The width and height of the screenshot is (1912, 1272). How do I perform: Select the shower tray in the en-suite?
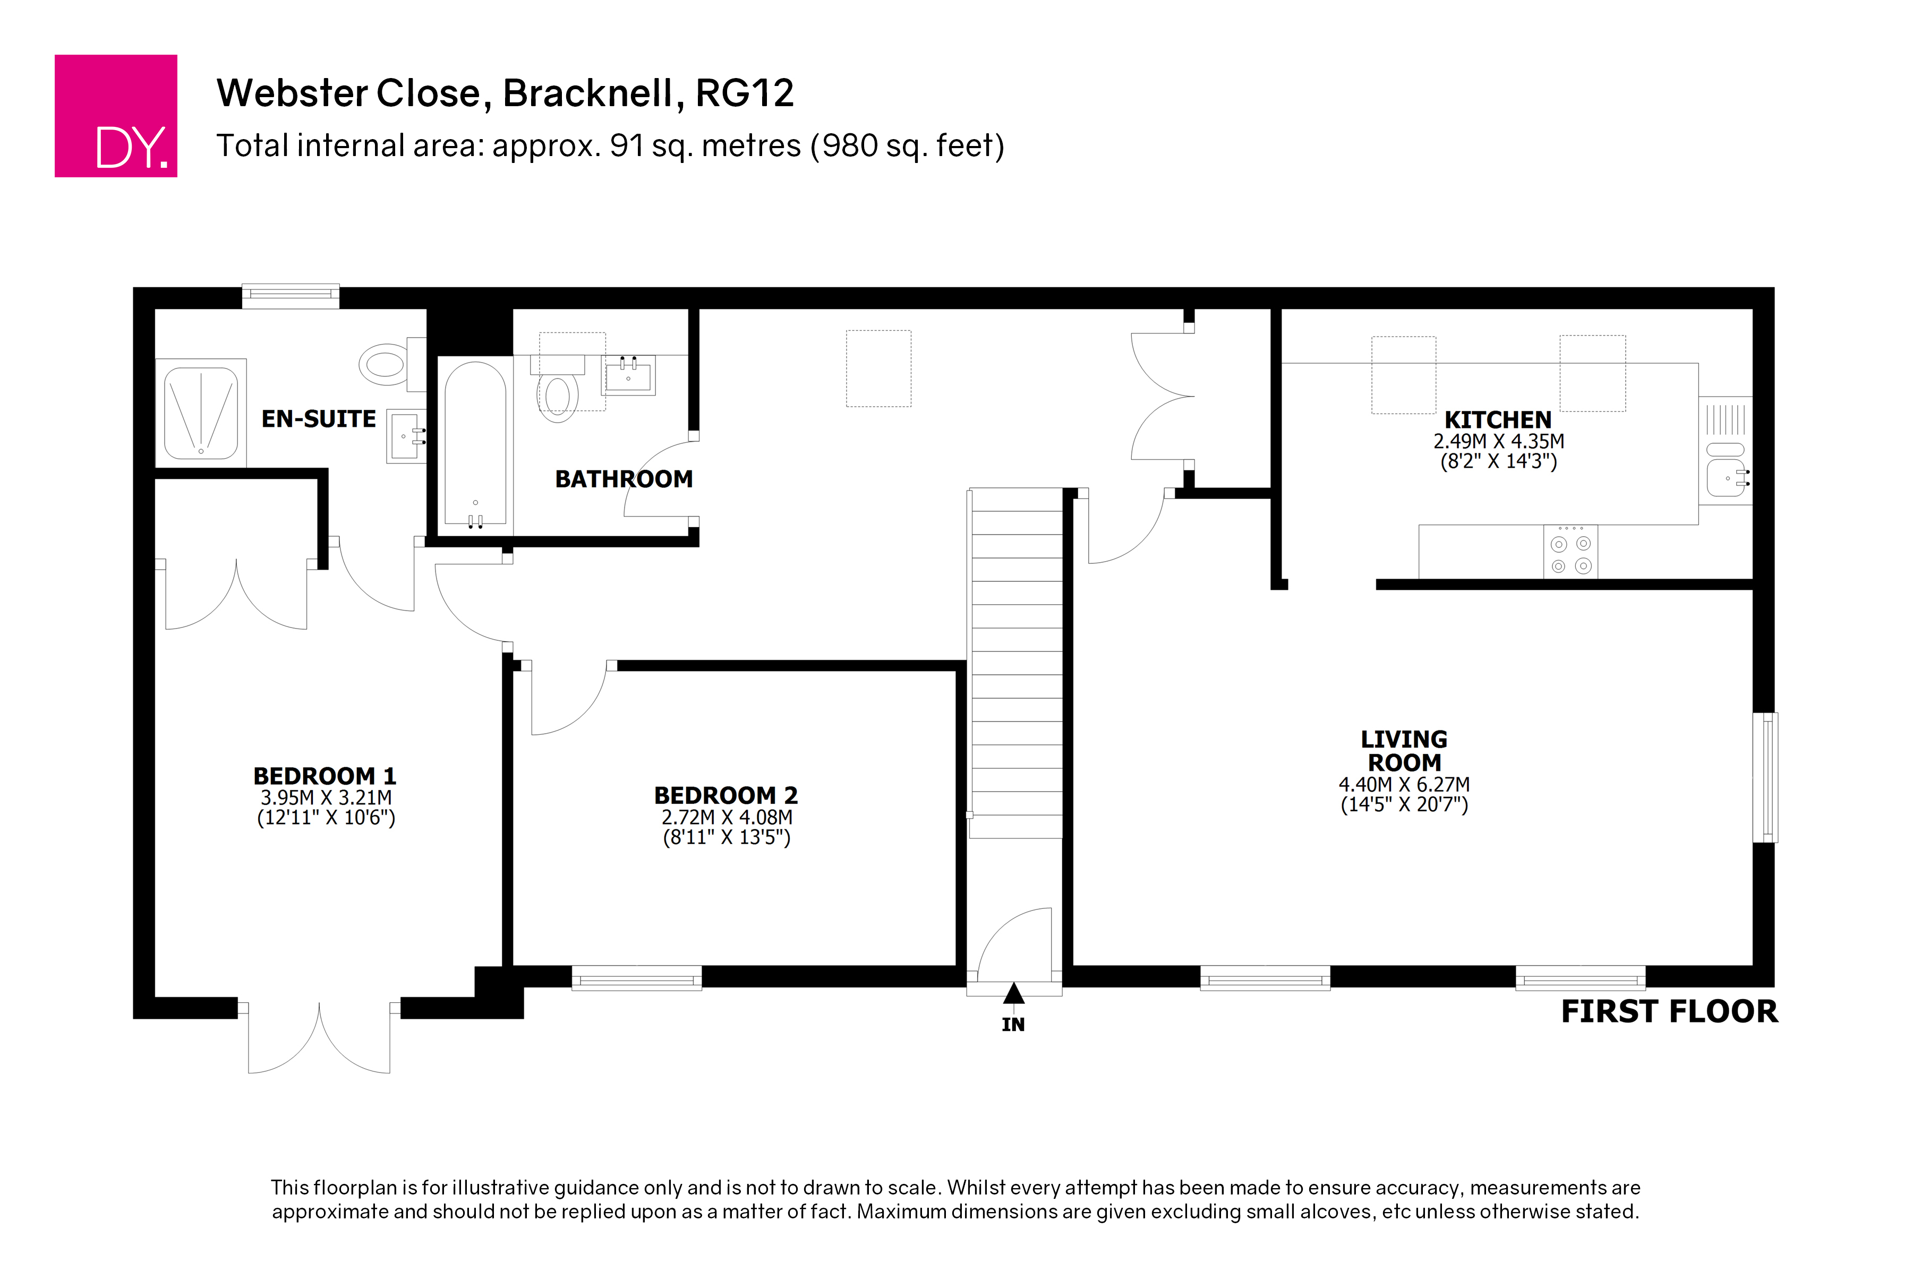pyautogui.click(x=200, y=413)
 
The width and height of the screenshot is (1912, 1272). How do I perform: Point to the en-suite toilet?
pyautogui.click(x=391, y=364)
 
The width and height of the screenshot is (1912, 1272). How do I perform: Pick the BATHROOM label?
pyautogui.click(x=624, y=479)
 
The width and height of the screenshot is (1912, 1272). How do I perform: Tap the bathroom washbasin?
pyautogui.click(x=628, y=375)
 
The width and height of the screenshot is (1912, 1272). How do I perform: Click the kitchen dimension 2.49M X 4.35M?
pyautogui.click(x=1498, y=441)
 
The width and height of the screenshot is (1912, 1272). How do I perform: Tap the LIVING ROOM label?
pyautogui.click(x=1404, y=750)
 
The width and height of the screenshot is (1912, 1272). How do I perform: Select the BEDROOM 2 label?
pyautogui.click(x=725, y=795)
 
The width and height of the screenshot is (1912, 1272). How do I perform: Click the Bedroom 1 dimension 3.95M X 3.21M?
pyautogui.click(x=326, y=797)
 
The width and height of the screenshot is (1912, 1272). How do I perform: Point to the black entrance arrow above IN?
pyautogui.click(x=1013, y=993)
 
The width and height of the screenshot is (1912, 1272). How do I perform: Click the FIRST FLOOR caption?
pyautogui.click(x=1669, y=1011)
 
